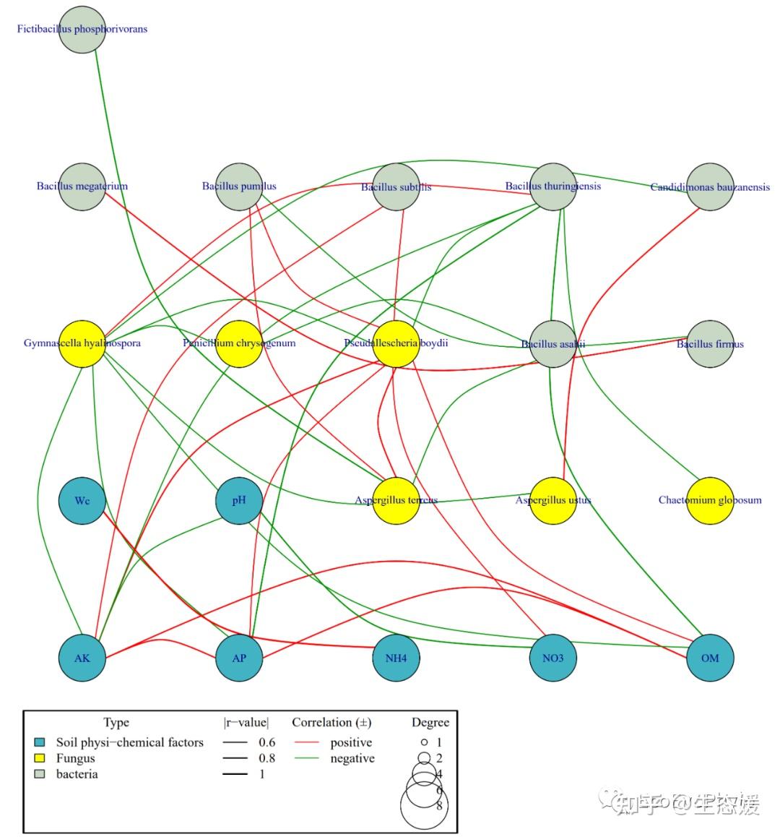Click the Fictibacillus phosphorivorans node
point(82,29)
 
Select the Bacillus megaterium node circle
point(82,186)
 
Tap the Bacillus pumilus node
point(239,186)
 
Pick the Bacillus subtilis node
point(396,186)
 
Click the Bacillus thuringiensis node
point(553,186)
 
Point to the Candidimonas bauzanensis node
point(710,186)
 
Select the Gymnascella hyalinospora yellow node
point(82,343)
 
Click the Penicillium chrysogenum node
point(239,343)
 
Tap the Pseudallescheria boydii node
point(396,343)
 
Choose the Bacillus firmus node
point(710,343)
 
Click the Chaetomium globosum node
point(710,500)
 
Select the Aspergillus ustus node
point(553,500)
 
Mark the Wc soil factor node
point(82,500)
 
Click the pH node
point(239,500)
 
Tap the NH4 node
point(396,658)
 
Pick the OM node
point(710,658)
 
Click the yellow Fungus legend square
point(40,758)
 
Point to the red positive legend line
point(306,743)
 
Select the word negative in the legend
point(352,758)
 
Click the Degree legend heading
point(430,722)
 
